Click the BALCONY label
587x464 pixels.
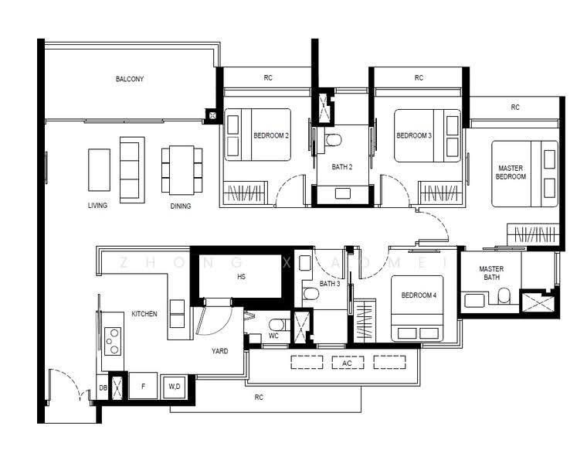130,79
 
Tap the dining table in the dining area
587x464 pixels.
182,170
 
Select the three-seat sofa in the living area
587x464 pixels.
132,170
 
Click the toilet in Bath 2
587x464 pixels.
333,140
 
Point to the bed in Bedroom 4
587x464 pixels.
417,309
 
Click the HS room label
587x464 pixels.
242,277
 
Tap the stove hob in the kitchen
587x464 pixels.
113,341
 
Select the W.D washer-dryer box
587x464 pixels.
174,387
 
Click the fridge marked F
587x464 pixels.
143,386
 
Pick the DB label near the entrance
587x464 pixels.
103,387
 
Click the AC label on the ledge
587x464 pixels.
347,363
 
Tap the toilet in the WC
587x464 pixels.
279,324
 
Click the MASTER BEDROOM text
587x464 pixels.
511,172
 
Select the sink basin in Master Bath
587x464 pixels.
475,300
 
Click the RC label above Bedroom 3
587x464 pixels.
419,77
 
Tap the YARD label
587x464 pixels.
220,351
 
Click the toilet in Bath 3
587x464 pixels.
310,293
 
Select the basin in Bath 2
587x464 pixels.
342,193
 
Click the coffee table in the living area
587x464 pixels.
99,170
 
